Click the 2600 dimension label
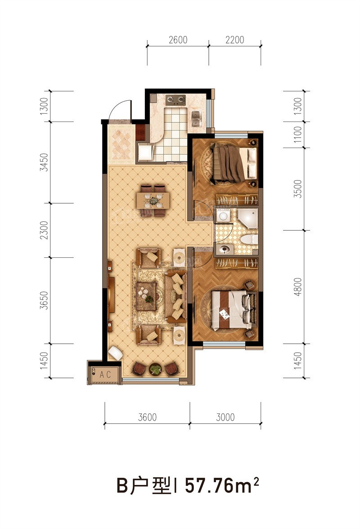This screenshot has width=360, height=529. click(x=178, y=40)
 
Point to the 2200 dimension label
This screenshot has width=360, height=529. click(x=234, y=40)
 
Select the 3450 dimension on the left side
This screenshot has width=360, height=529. click(x=44, y=162)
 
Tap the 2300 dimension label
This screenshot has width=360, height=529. click(x=44, y=230)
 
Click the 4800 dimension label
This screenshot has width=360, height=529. click(x=297, y=287)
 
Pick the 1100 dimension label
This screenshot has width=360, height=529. click(x=297, y=134)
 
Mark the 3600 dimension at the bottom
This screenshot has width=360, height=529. click(x=148, y=417)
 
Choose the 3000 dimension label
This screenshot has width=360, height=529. click(x=225, y=417)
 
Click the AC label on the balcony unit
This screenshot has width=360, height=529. click(x=105, y=374)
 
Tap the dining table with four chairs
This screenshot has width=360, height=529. click(x=153, y=201)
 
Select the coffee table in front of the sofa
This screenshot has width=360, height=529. click(x=146, y=296)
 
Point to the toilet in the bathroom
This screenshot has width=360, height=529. click(x=249, y=239)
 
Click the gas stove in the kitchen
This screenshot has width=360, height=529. click(x=175, y=99)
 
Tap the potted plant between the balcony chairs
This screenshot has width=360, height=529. click(x=156, y=369)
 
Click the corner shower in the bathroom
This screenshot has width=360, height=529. click(x=247, y=218)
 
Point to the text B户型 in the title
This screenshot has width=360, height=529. click(x=144, y=485)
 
